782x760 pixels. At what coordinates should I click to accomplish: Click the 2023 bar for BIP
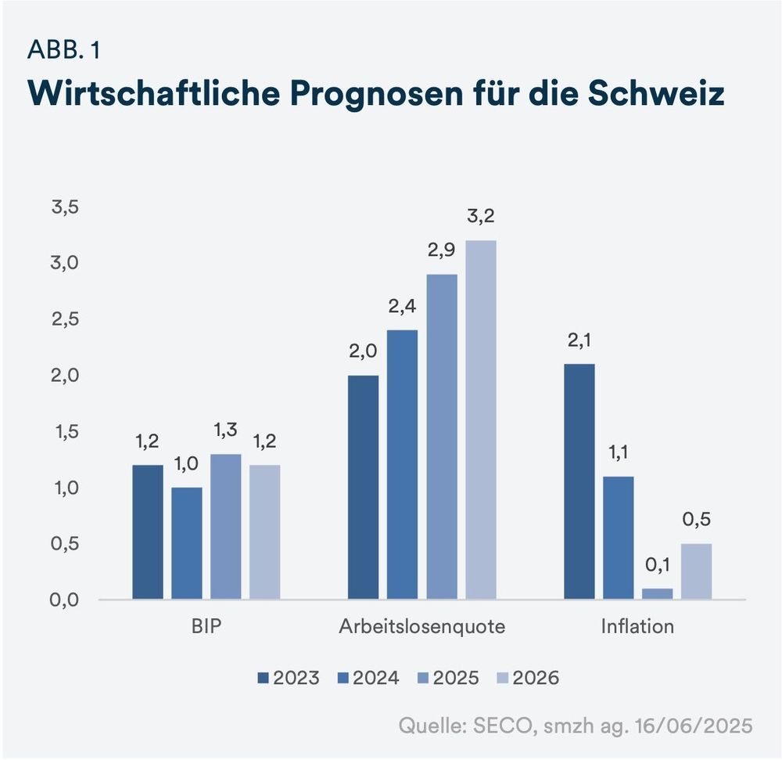[x=148, y=532]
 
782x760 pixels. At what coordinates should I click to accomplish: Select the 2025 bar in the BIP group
[x=226, y=527]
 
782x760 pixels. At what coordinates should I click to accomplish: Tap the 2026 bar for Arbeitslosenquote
[x=481, y=420]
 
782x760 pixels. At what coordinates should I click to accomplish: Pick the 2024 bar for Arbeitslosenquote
[x=403, y=464]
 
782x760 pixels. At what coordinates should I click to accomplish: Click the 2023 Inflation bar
[x=579, y=481]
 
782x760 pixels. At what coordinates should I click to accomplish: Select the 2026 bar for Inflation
[x=696, y=571]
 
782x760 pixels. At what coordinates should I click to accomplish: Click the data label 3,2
[x=481, y=217]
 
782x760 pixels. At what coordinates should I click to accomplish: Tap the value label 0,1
[x=657, y=565]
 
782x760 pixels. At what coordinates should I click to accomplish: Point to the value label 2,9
[x=442, y=251]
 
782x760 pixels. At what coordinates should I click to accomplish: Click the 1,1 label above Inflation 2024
[x=619, y=453]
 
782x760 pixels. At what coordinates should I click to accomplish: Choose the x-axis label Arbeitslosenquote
[x=422, y=627]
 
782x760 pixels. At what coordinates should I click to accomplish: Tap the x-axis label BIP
[x=206, y=627]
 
